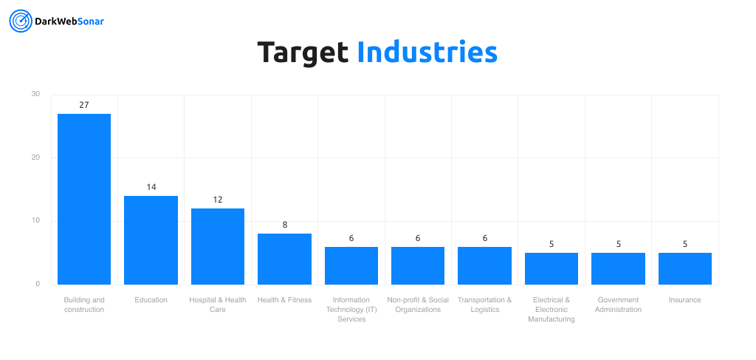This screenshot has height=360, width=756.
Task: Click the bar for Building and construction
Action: (x=84, y=199)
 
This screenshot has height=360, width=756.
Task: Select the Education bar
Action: (x=151, y=240)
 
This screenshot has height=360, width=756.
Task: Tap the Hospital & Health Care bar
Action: (x=218, y=246)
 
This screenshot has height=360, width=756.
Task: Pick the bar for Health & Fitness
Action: (x=284, y=259)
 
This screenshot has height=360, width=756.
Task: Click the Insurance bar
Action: (x=684, y=268)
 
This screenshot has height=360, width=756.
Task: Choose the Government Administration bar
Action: (x=618, y=268)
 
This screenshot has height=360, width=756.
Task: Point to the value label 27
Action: (x=84, y=105)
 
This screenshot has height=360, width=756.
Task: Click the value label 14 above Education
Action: (x=151, y=187)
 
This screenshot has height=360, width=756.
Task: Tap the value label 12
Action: (x=218, y=200)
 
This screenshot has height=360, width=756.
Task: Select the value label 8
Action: (x=284, y=225)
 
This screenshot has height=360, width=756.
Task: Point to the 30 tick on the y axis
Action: (x=35, y=94)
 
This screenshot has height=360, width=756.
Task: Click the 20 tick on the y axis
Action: (x=35, y=157)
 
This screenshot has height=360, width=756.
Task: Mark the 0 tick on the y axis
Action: (x=37, y=284)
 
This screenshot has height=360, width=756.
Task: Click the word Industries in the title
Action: (x=427, y=52)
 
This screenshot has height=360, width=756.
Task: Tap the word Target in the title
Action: (x=303, y=52)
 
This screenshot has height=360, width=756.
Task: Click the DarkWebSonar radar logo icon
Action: (x=20, y=21)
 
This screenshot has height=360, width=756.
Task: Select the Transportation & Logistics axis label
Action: (x=484, y=305)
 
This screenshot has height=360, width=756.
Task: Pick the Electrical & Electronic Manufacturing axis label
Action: (x=551, y=310)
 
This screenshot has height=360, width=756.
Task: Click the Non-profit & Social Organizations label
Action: (x=418, y=305)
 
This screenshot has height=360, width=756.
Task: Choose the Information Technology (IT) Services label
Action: (x=351, y=310)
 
